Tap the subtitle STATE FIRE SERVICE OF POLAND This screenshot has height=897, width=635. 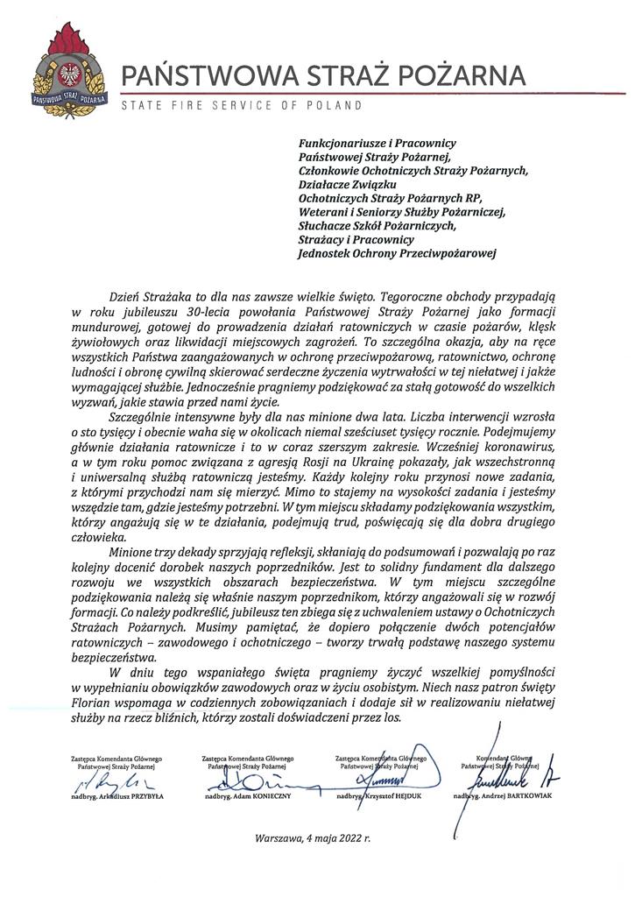tap(241, 106)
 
